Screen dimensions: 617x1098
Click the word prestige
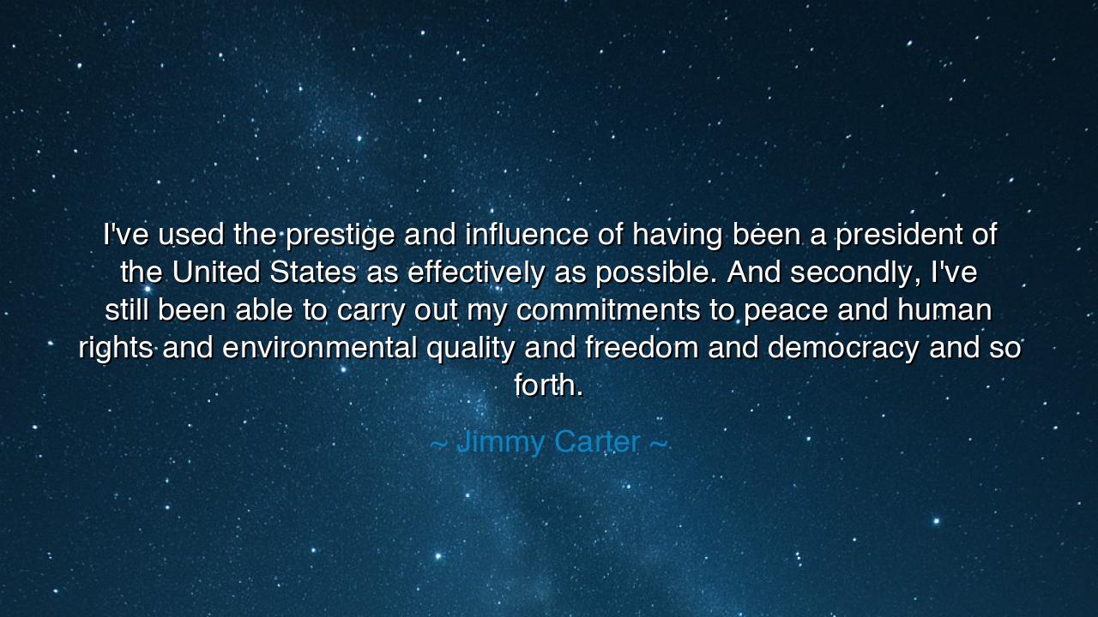[x=340, y=235]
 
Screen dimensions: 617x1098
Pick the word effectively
[x=475, y=273]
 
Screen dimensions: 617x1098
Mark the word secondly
[x=855, y=273]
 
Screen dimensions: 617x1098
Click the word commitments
[x=608, y=310]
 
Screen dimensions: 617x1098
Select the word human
[x=944, y=310]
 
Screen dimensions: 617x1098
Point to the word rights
[x=116, y=349]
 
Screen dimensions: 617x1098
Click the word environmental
[x=320, y=348]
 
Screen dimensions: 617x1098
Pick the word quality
[x=471, y=349]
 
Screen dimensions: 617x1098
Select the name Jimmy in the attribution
[x=500, y=442]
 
